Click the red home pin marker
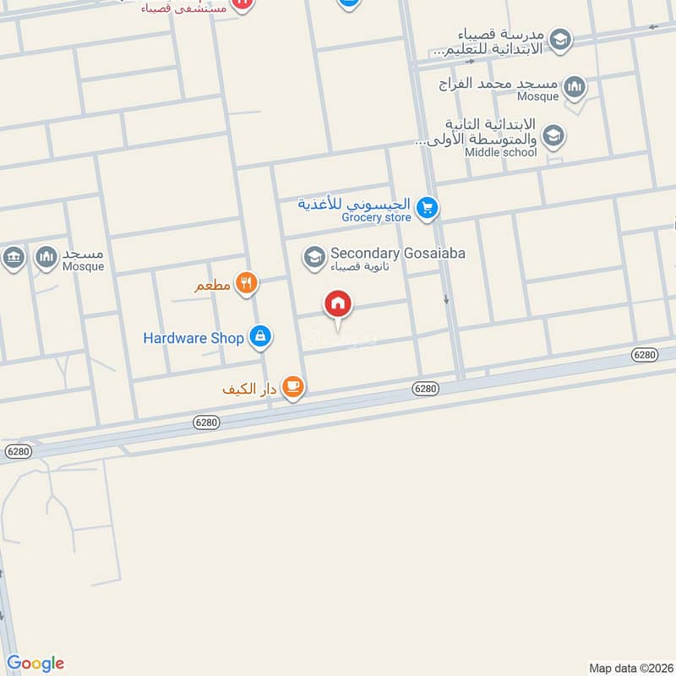click(338, 305)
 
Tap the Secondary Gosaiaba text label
click(397, 253)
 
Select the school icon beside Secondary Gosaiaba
click(314, 257)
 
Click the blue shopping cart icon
click(428, 206)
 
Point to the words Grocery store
click(376, 217)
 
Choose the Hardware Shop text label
click(194, 338)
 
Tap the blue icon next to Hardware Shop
click(260, 337)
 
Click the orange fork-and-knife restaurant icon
click(246, 283)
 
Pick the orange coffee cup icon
click(292, 387)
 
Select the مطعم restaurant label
click(212, 286)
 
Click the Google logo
click(35, 663)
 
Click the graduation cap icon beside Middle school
click(553, 135)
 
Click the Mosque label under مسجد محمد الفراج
click(538, 96)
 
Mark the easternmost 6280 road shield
click(644, 355)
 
